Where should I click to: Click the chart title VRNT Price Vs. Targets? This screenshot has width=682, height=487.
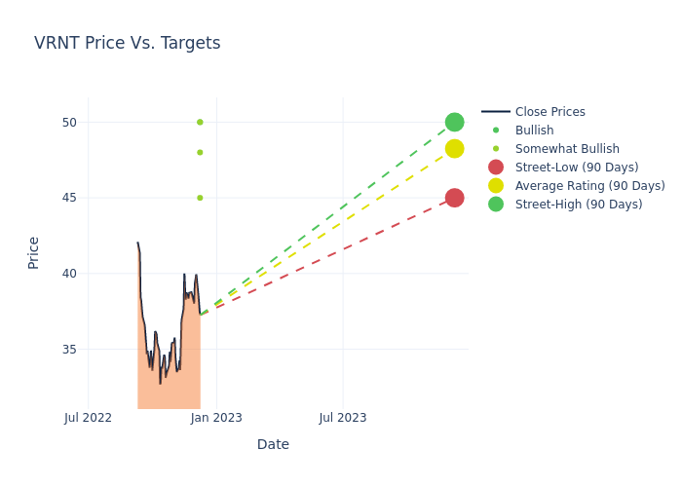[127, 43]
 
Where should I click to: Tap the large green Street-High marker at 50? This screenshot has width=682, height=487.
[454, 122]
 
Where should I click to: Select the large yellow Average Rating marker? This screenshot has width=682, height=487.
[454, 148]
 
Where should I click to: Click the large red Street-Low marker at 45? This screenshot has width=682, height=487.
[454, 198]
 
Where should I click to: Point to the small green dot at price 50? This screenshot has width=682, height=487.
[200, 122]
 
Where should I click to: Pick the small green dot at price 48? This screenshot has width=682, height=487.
[200, 152]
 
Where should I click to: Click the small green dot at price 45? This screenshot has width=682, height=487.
[200, 198]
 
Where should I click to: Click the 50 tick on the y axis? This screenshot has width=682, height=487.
[68, 122]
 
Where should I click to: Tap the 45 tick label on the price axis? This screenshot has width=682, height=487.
[68, 198]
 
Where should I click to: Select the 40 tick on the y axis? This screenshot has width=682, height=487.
[68, 274]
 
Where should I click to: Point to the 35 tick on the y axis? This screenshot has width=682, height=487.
[68, 349]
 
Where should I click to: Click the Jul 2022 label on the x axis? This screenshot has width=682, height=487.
[88, 418]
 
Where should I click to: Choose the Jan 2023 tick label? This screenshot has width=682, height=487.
[216, 418]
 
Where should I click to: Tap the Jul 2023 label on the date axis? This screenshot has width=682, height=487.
[343, 418]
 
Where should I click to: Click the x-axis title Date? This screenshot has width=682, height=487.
[273, 444]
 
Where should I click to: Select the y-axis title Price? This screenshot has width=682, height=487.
[34, 252]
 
